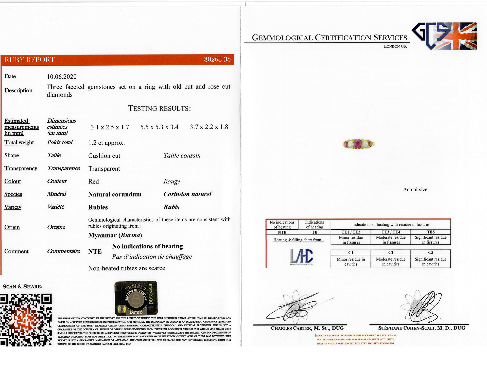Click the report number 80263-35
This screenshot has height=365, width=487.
[217, 59]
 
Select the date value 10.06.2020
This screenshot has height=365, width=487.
[62, 77]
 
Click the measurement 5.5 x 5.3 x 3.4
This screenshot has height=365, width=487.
[159, 127]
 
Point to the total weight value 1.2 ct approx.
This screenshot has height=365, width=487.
[107, 143]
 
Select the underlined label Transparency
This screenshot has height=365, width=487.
[21, 168]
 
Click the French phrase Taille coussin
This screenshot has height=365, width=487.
[182, 156]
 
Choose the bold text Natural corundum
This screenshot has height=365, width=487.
[115, 194]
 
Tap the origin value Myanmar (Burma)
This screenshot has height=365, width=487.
[115, 235]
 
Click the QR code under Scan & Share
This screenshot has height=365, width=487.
[26, 320]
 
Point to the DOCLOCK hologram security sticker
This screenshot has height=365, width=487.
[136, 298]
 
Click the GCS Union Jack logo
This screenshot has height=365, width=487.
[444, 36]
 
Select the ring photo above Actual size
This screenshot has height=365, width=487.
[358, 144]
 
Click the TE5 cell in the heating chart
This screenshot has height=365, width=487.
[430, 232]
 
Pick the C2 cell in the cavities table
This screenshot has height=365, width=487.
[391, 252]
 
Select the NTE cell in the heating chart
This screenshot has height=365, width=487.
[282, 232]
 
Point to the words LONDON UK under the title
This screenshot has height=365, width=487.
[395, 46]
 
